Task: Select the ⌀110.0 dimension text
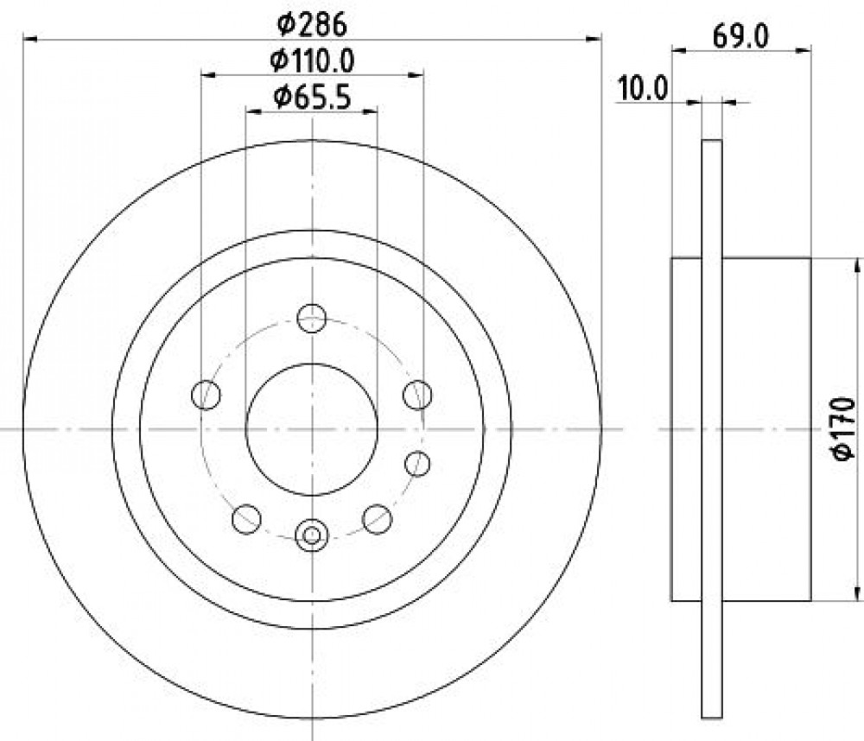click(312, 61)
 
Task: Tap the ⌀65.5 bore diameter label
click(312, 98)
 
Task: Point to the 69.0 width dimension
click(740, 37)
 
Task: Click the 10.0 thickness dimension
click(643, 88)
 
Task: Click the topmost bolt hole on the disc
click(312, 318)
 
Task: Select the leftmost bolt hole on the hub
click(206, 395)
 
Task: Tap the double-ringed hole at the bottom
click(312, 535)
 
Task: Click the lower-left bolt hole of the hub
click(246, 518)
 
